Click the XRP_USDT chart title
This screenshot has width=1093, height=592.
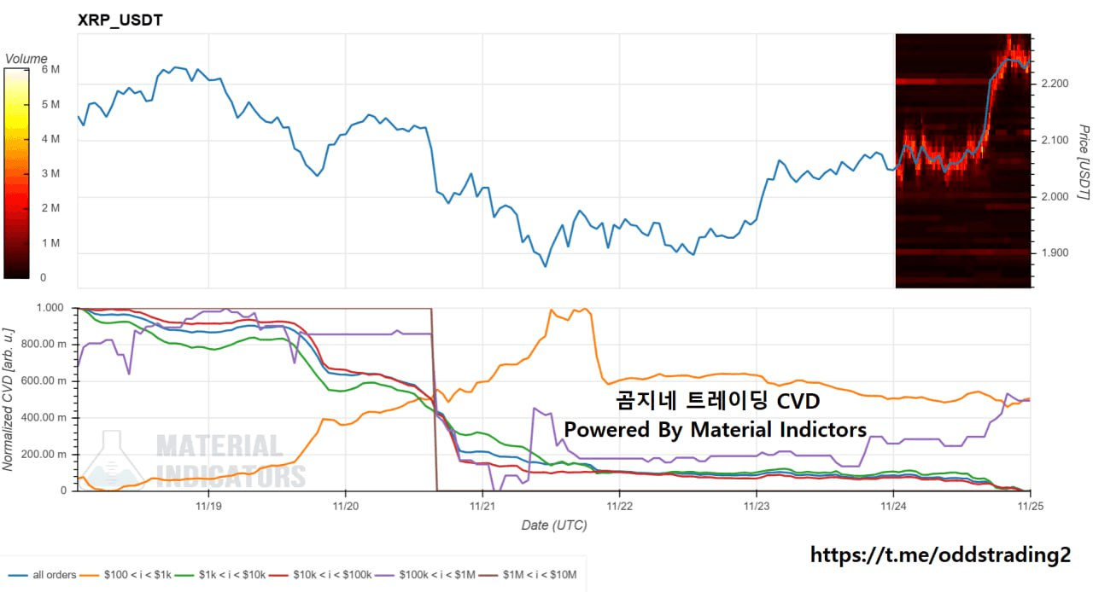120,20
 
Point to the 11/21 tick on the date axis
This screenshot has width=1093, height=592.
482,505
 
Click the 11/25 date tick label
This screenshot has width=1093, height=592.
1031,505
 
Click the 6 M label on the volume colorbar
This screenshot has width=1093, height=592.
50,70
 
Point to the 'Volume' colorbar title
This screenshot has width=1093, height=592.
26,59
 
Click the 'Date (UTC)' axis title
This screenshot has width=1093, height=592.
553,525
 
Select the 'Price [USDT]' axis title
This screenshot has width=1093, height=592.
1083,162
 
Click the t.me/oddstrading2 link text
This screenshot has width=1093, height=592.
940,555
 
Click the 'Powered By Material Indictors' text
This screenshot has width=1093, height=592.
716,430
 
